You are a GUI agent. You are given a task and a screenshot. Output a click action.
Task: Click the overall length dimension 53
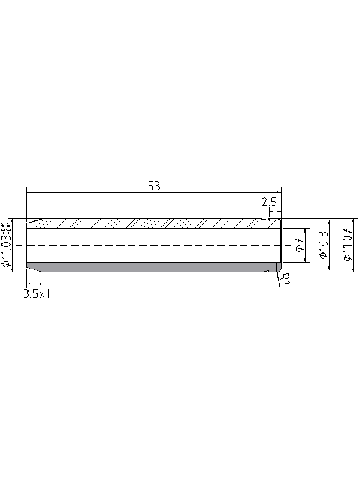click(x=154, y=186)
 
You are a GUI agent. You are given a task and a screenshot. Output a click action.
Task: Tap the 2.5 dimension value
click(x=270, y=202)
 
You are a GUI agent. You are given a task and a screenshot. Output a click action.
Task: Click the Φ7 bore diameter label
click(x=298, y=244)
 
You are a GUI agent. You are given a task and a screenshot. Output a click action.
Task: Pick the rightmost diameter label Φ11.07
click(x=346, y=244)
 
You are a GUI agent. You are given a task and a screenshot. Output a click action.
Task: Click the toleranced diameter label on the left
click(x=6, y=244)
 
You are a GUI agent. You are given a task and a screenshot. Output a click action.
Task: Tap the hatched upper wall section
click(x=150, y=223)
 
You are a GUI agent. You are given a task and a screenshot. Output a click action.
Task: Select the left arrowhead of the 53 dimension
click(x=29, y=193)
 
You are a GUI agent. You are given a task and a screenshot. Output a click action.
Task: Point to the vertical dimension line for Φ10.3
click(x=331, y=244)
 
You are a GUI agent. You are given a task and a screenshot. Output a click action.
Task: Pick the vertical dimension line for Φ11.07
click(x=354, y=244)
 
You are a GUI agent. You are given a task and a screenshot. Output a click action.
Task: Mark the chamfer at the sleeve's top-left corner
click(x=31, y=221)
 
